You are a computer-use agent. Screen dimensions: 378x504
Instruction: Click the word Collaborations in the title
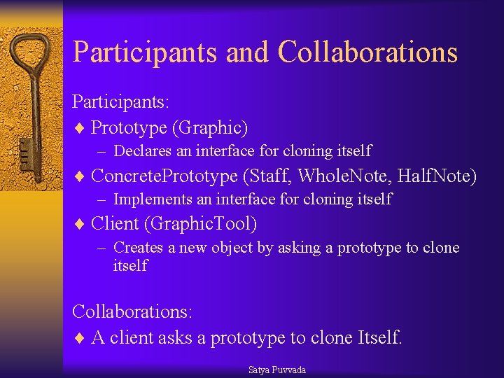coord(367,52)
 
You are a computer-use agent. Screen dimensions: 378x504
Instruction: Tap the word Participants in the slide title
coord(144,52)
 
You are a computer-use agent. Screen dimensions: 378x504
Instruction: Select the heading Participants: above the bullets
coord(120,101)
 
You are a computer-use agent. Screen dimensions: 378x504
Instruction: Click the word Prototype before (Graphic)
coord(129,127)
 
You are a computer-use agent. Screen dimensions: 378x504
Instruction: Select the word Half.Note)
coord(437,176)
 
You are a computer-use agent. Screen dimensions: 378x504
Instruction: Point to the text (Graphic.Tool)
coord(201,224)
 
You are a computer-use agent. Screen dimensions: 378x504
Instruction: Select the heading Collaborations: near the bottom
coord(132,311)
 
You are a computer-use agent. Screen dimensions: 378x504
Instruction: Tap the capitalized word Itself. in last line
coord(380,337)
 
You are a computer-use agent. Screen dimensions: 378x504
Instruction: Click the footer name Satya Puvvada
coord(277,370)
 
